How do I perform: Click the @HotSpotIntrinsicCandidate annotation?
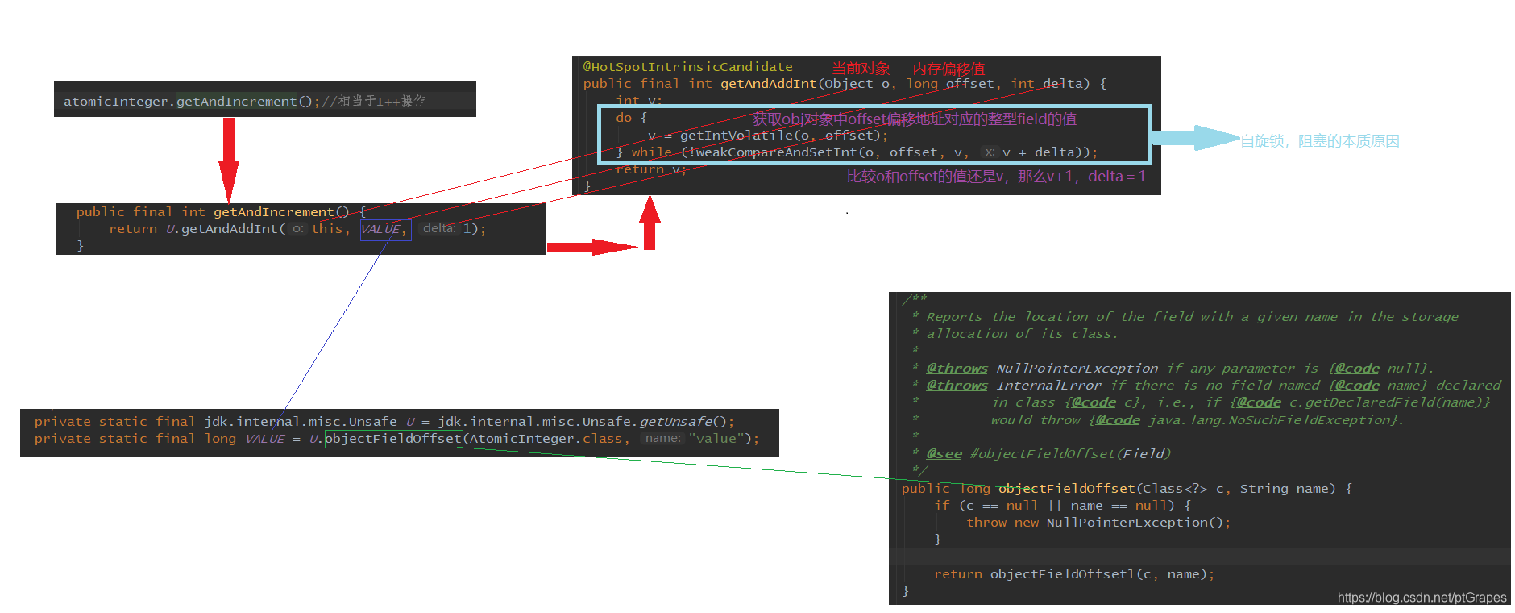coord(687,67)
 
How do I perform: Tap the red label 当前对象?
coord(861,69)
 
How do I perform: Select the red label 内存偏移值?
coord(948,69)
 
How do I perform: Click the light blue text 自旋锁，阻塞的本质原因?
coord(1319,141)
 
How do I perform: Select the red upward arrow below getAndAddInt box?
coord(650,223)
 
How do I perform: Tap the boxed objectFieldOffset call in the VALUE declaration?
coord(393,439)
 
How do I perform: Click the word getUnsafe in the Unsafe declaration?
coord(675,422)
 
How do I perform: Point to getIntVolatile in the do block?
coord(736,136)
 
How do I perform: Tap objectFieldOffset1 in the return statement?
coord(1062,574)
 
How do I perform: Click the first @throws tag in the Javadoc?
coord(957,369)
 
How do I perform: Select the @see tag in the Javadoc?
coord(944,454)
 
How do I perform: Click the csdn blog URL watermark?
coord(1422,598)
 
